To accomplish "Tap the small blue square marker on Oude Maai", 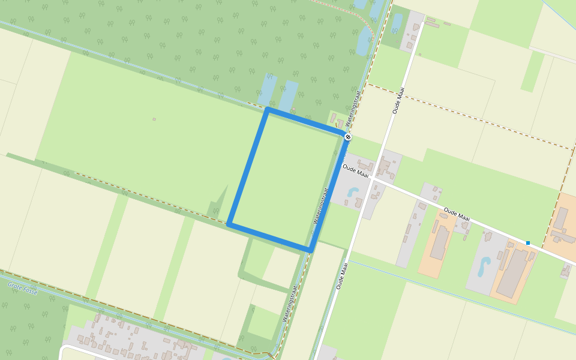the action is pos(528,242).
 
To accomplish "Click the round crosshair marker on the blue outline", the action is pos(348,137).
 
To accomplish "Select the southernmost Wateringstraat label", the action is pos(290,303).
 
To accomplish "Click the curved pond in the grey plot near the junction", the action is pos(353,193).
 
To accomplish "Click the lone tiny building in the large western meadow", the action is pos(154,119).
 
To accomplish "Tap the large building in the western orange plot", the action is pos(440,242).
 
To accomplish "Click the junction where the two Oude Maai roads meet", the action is pos(372,178).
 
